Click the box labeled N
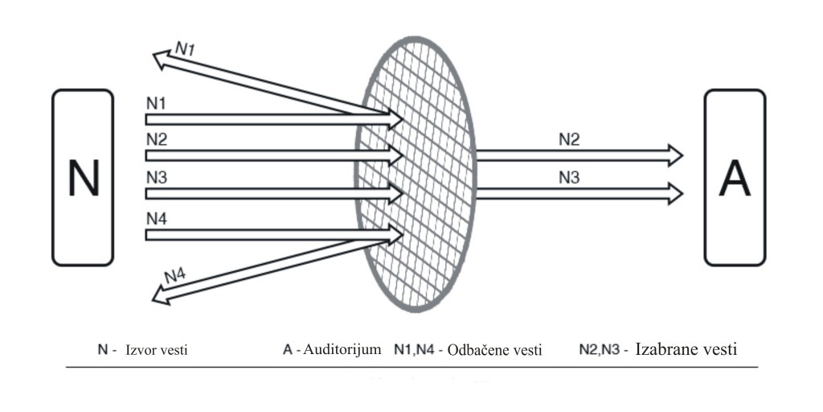[82, 177]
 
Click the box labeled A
[735, 177]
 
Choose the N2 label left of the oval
[157, 139]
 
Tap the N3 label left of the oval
[157, 177]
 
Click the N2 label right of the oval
[569, 139]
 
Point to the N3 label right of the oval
[569, 177]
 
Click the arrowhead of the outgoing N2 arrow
[675, 154]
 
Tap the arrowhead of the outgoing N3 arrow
[675, 193]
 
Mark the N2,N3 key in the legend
[600, 350]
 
